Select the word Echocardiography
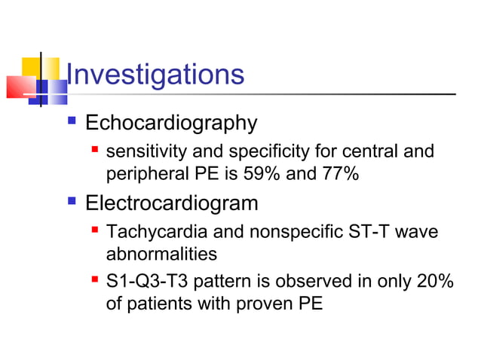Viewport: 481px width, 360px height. point(171,122)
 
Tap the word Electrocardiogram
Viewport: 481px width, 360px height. point(172,203)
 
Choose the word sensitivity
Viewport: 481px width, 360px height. point(146,152)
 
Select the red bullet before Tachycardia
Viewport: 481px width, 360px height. point(95,230)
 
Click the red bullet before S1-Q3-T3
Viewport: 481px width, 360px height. point(95,280)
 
